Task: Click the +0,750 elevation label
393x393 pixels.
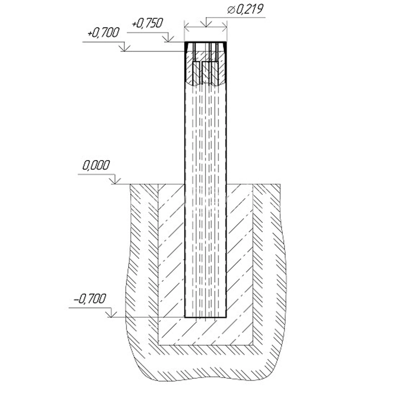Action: [x=147, y=23]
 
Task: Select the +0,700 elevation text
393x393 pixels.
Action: [x=103, y=33]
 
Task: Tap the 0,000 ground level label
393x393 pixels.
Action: [x=96, y=165]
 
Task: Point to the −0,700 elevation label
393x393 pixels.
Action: [x=89, y=299]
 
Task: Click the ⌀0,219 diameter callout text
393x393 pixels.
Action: [x=245, y=9]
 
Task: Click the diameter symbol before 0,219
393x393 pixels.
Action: [x=231, y=10]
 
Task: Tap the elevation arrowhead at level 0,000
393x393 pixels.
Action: [x=115, y=181]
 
